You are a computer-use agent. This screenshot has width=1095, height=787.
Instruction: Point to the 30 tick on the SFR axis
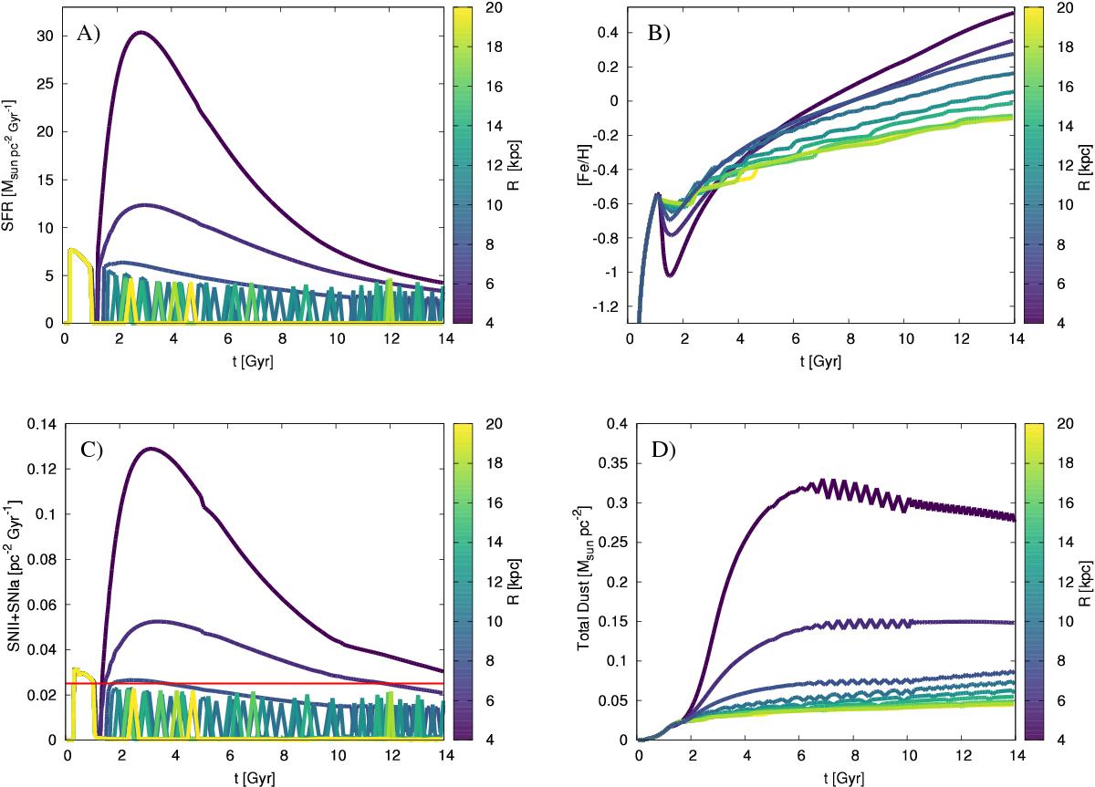(x=43, y=36)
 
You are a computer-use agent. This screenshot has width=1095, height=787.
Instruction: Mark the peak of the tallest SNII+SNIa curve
(x=150, y=449)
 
